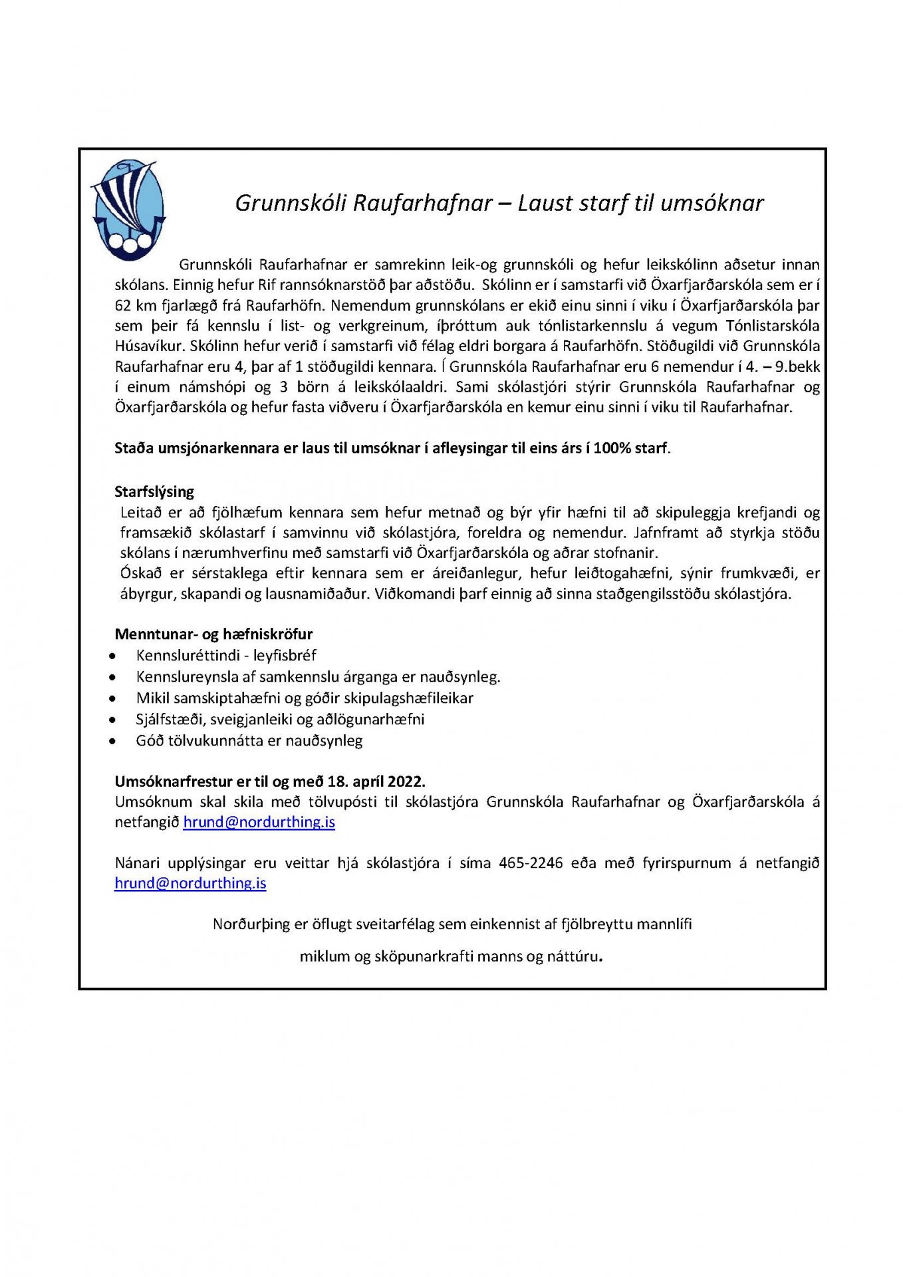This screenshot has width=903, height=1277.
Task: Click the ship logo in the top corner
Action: coord(128,210)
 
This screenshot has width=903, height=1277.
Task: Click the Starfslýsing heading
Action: coord(154,492)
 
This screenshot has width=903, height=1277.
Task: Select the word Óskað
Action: coord(142,573)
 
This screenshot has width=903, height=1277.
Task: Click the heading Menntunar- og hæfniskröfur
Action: coord(213,635)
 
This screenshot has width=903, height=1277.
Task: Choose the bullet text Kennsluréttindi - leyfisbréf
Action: coord(226,656)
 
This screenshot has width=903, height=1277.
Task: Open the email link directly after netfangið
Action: coord(259,823)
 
